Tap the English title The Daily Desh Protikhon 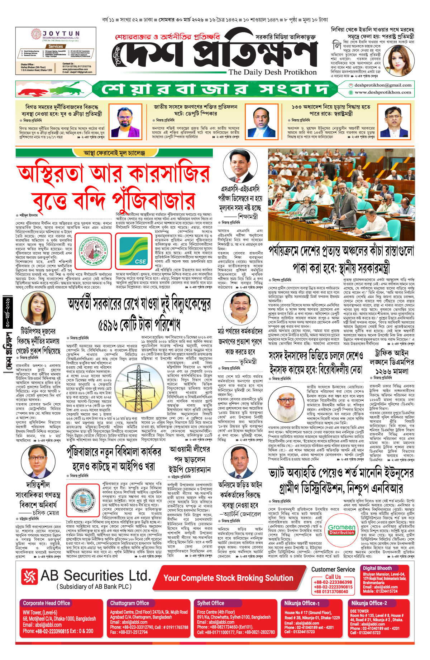[x=273, y=72]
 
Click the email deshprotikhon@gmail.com [x=382, y=85]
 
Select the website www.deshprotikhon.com [x=383, y=92]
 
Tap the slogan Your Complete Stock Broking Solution [x=228, y=578]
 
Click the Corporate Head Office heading [x=47, y=603]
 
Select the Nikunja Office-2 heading [x=369, y=603]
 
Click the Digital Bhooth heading [x=377, y=568]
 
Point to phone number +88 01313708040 [x=331, y=592]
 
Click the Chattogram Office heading [x=130, y=603]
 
